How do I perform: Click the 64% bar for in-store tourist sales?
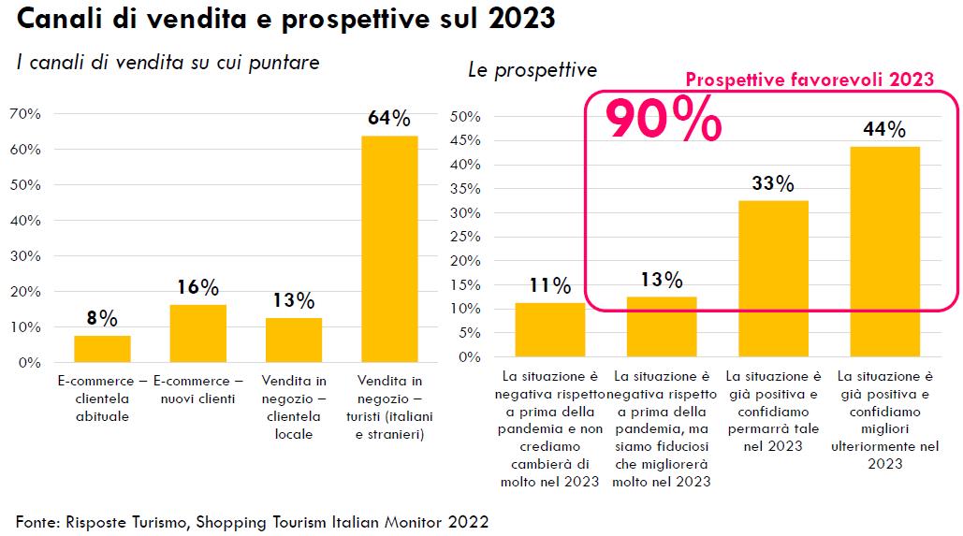tap(389, 249)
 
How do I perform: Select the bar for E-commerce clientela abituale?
tap(102, 349)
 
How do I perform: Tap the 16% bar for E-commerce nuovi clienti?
tap(197, 333)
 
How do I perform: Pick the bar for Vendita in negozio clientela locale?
tap(294, 340)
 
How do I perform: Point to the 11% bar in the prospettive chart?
tap(550, 329)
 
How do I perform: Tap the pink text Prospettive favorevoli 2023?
tap(810, 80)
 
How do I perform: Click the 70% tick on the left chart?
tap(25, 114)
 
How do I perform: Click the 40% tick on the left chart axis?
tap(25, 221)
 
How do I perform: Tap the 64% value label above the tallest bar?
tap(389, 119)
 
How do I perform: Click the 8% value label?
tap(102, 319)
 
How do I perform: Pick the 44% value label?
tap(884, 129)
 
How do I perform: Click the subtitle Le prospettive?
tap(533, 70)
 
